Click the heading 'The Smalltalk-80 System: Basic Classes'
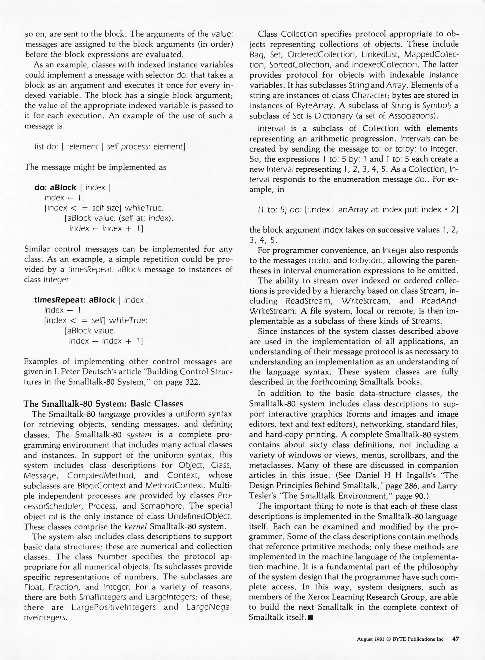click(x=103, y=403)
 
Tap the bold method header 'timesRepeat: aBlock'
click(x=75, y=300)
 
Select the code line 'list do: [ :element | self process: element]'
click(x=110, y=147)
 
